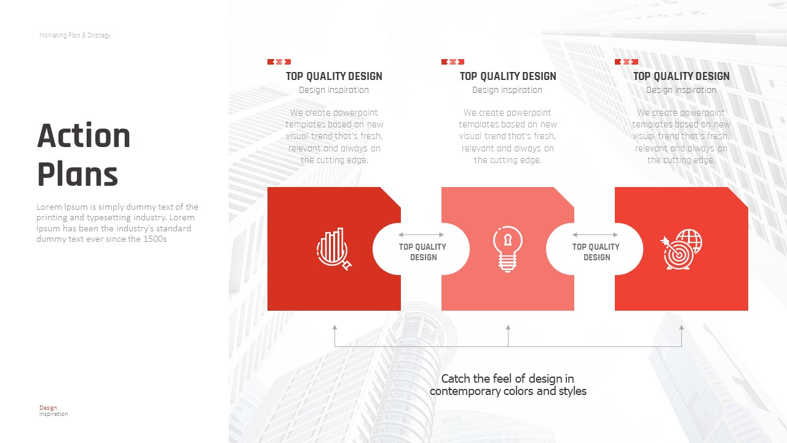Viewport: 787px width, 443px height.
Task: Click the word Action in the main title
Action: (84, 135)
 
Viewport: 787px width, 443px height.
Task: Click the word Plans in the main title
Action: (77, 174)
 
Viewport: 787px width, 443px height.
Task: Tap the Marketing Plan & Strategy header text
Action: (75, 35)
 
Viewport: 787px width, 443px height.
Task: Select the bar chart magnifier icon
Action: (334, 249)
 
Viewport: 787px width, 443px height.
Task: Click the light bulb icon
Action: (507, 249)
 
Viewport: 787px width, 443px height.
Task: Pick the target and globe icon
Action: (681, 249)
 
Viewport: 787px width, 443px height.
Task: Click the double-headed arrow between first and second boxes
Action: (421, 234)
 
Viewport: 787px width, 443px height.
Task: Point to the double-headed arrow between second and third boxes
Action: (595, 234)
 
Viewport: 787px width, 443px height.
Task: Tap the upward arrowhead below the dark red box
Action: (334, 327)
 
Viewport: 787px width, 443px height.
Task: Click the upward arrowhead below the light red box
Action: (508, 327)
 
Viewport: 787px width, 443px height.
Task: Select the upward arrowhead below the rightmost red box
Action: (681, 327)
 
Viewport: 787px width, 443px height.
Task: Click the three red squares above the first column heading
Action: (279, 62)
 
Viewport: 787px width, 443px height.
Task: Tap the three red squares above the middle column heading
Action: (453, 62)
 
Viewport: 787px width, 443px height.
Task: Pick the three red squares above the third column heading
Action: (627, 62)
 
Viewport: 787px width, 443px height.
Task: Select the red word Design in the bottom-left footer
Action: (48, 408)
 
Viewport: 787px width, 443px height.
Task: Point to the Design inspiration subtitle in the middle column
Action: (507, 90)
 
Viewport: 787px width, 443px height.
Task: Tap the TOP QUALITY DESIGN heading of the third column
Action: (681, 76)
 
